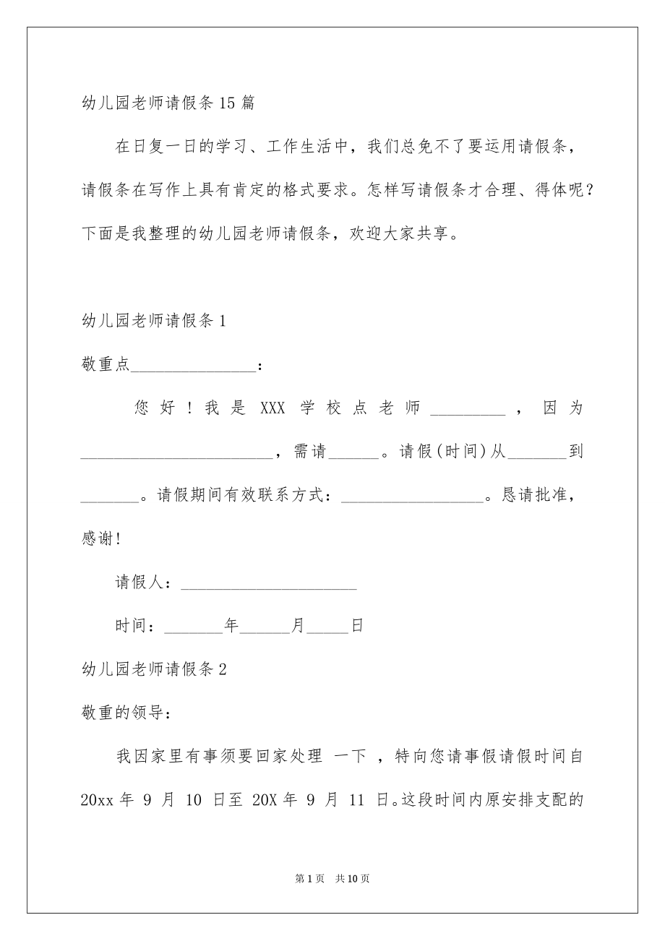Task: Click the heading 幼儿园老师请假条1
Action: tap(155, 322)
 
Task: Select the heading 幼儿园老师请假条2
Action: tap(155, 670)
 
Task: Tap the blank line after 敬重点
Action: tap(193, 366)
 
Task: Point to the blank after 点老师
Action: tap(467, 409)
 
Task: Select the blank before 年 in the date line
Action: tap(194, 627)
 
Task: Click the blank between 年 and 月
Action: tap(264, 627)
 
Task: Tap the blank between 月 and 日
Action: tap(328, 627)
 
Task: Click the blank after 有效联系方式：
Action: tap(411, 497)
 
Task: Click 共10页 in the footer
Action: tap(353, 879)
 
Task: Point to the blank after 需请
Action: tap(353, 453)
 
